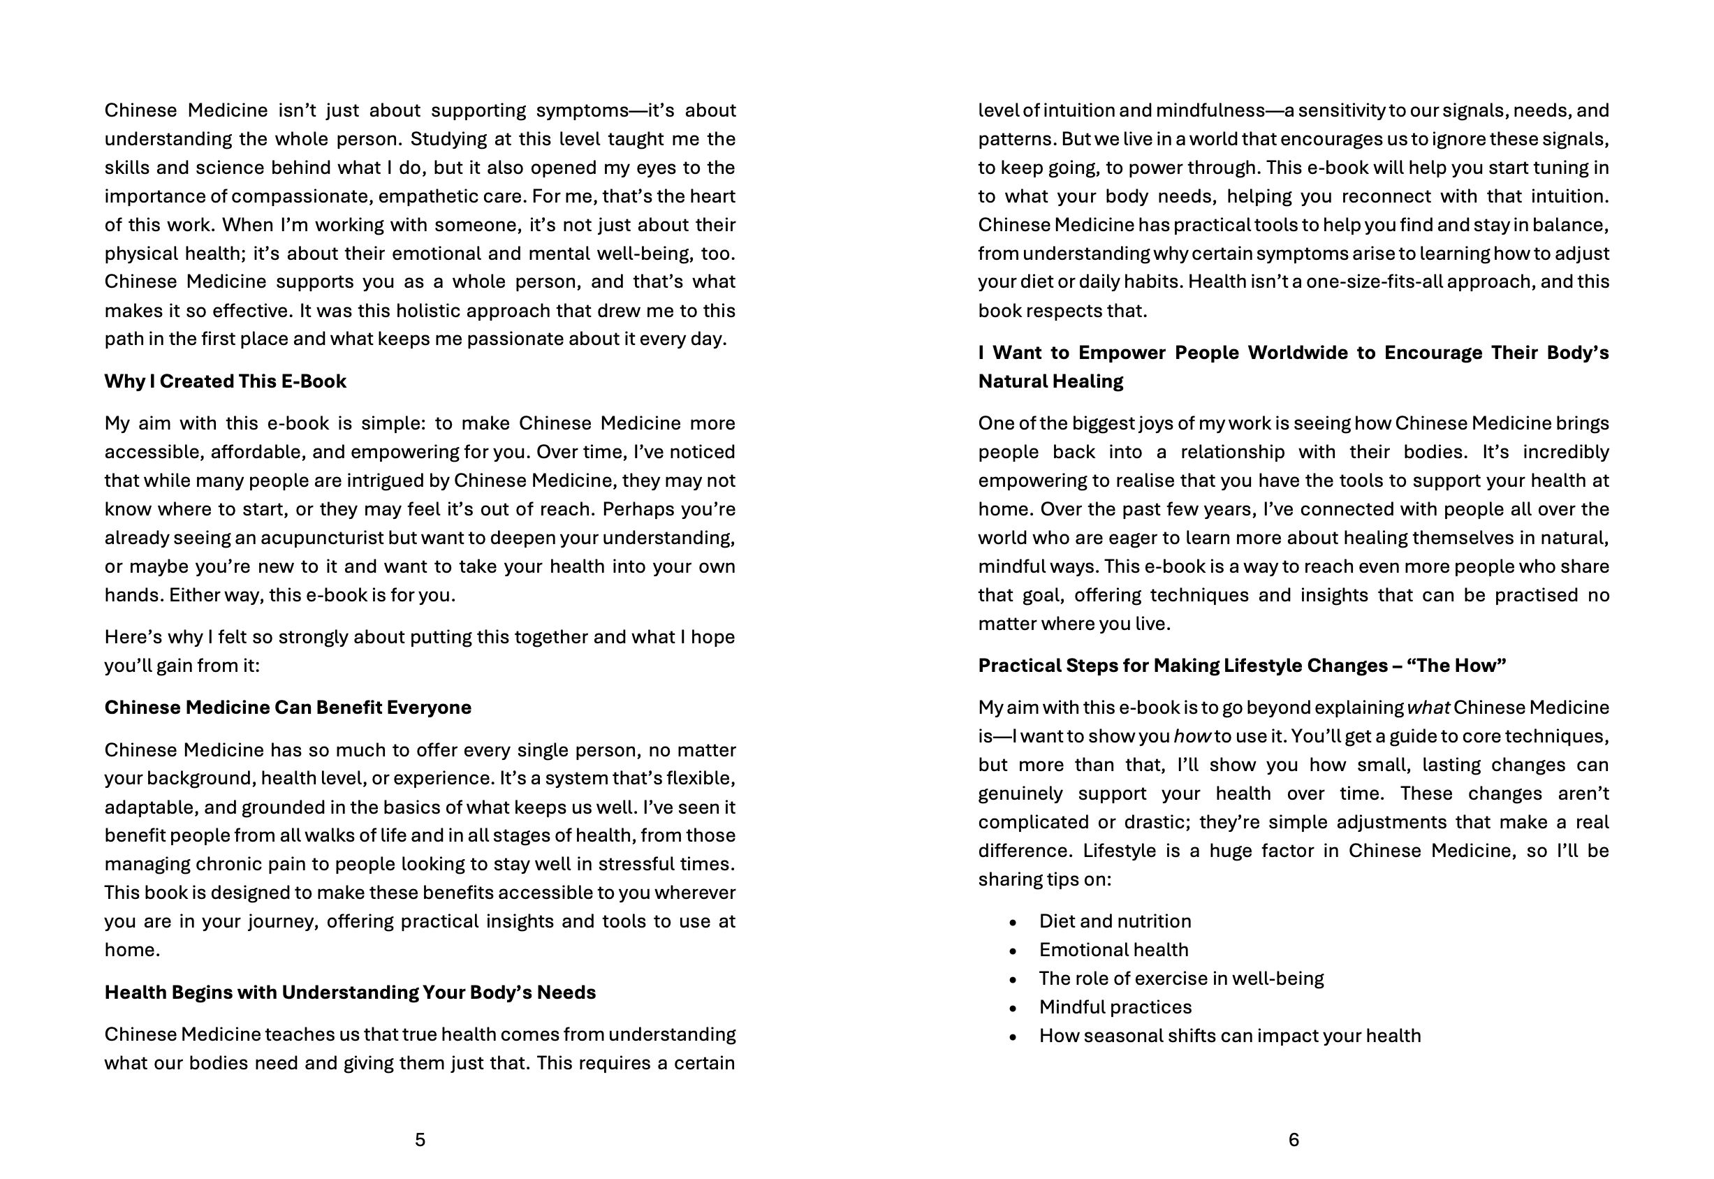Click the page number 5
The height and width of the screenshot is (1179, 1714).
(420, 1140)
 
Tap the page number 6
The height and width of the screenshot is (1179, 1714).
(1293, 1140)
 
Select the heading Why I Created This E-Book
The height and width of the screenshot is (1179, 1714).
(226, 381)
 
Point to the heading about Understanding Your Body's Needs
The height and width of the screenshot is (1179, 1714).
(349, 992)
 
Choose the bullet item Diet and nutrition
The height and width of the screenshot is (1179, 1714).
(1115, 921)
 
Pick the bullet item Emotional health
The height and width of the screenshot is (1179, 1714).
(1113, 950)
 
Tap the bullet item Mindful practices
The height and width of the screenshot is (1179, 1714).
(1115, 1007)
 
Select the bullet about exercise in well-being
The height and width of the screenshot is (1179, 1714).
(1180, 979)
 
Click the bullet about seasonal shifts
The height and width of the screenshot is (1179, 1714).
(1229, 1036)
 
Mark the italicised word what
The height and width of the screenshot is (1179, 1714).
(1428, 708)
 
